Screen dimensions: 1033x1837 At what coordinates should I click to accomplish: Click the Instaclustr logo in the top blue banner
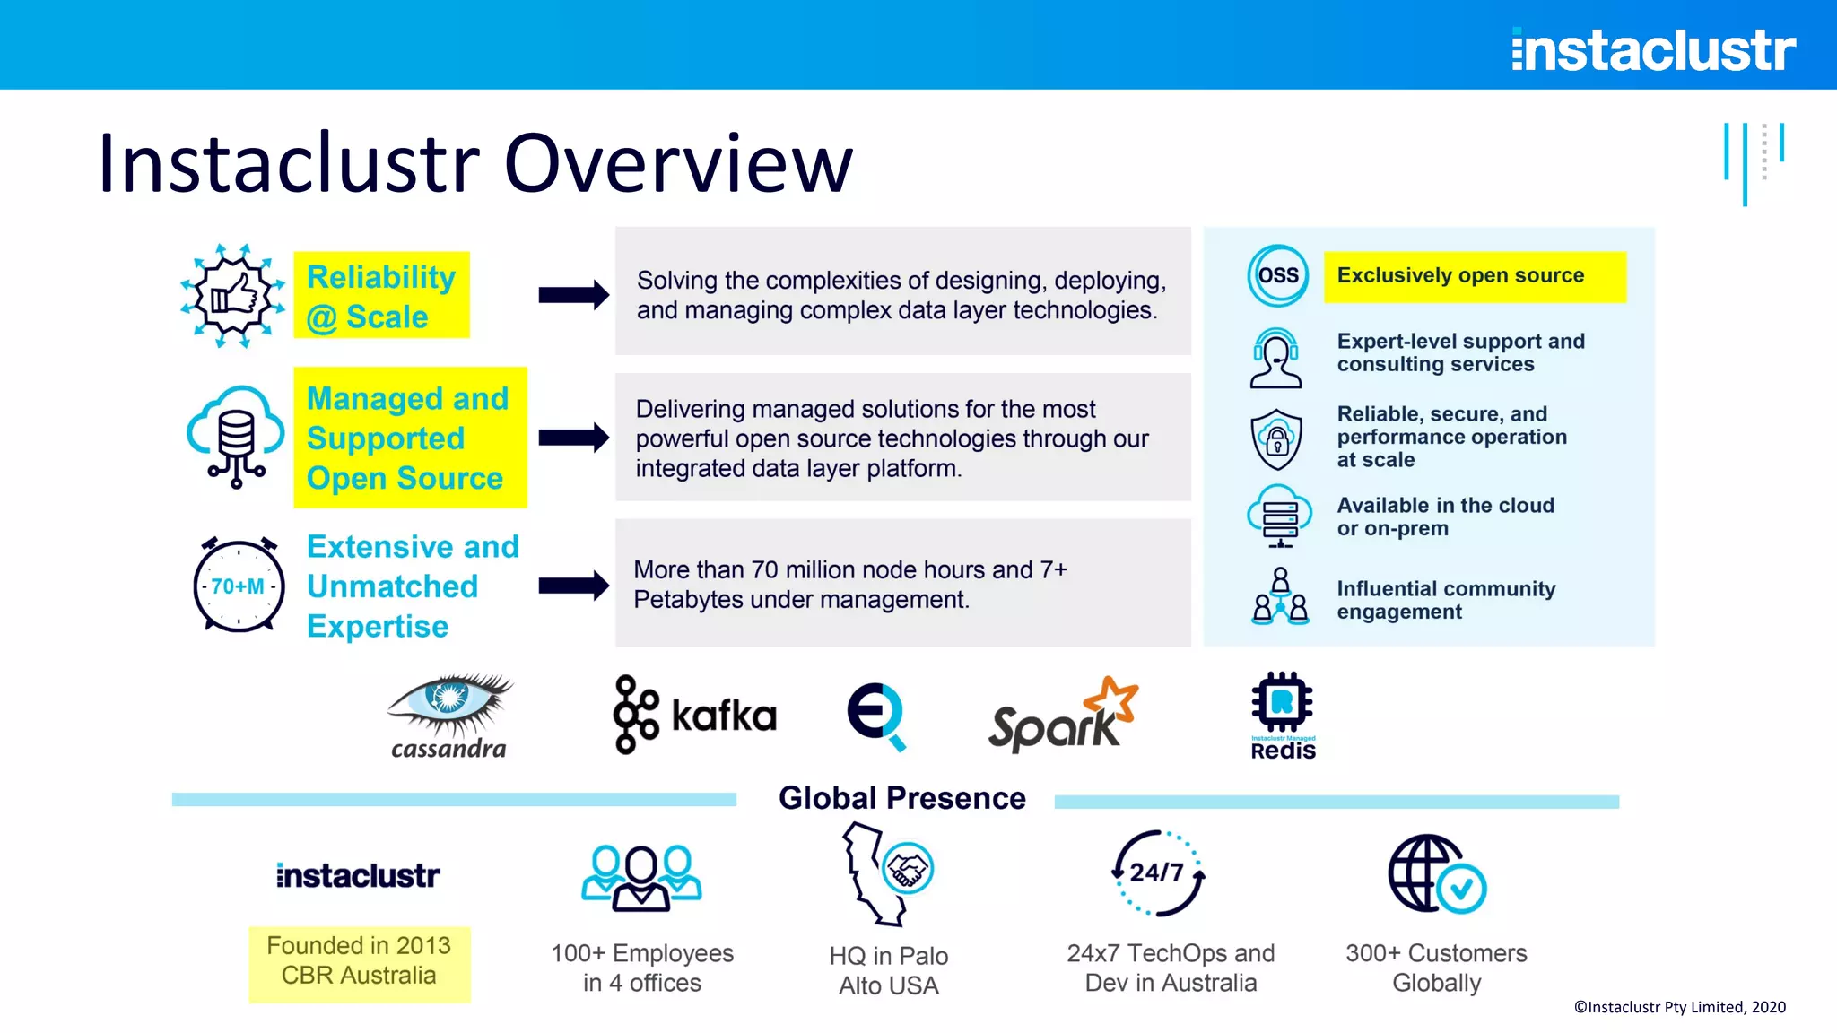coord(1653,49)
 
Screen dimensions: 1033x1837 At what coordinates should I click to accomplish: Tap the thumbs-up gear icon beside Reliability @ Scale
coord(233,295)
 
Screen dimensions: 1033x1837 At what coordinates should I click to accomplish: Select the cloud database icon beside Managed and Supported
coord(234,437)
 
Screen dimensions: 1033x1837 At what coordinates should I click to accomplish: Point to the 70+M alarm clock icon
coord(239,585)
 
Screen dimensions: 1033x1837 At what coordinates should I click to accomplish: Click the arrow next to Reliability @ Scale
coord(574,295)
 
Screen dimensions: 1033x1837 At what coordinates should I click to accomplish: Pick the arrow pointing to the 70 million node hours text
coord(574,586)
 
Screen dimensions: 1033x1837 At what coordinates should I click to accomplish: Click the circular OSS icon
coord(1277,275)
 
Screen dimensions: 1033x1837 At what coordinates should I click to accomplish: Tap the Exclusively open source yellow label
coord(1474,276)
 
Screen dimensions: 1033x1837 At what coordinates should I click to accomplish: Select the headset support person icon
coord(1275,358)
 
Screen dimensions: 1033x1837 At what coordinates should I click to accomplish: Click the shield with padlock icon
coord(1276,438)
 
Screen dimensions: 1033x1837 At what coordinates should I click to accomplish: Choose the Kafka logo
coord(695,715)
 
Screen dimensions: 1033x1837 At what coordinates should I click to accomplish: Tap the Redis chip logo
coord(1283,716)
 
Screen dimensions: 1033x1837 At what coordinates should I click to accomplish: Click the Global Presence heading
coord(901,798)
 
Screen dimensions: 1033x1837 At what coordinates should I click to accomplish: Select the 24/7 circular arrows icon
coord(1158,872)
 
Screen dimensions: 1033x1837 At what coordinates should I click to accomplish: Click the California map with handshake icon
coord(887,872)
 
